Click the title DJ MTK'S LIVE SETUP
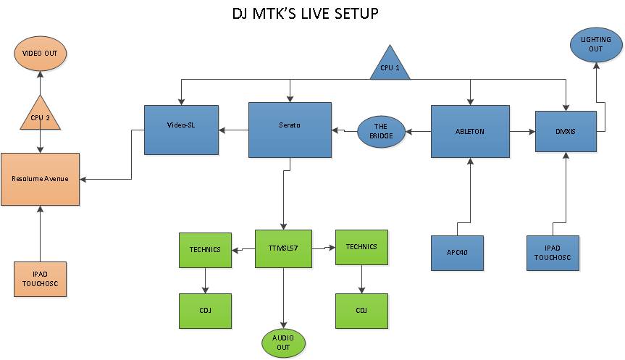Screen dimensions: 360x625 (304, 14)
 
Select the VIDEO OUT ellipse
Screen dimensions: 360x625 (41, 53)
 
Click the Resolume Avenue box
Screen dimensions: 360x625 (40, 179)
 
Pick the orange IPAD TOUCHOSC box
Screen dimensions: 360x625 (40, 279)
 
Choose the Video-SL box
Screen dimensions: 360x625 (180, 130)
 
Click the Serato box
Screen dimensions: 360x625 (290, 130)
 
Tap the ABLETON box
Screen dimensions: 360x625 (470, 131)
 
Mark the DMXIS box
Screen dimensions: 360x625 (565, 131)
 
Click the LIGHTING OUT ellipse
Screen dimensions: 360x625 (595, 43)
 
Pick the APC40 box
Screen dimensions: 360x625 (456, 253)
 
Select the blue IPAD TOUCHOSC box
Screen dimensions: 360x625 (552, 253)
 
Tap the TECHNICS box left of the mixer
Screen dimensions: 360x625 (205, 250)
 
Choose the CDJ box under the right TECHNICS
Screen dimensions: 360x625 (361, 311)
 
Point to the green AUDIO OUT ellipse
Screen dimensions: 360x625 (282, 342)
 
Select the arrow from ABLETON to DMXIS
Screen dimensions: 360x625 (521, 132)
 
